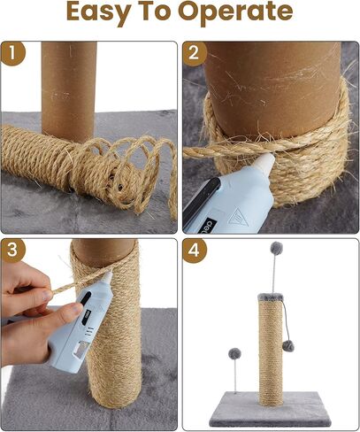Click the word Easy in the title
click(x=104, y=12)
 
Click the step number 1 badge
click(x=12, y=54)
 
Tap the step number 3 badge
click(x=12, y=251)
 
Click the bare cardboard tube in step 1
click(x=69, y=84)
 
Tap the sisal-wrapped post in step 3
click(x=111, y=354)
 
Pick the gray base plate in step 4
click(x=265, y=407)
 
